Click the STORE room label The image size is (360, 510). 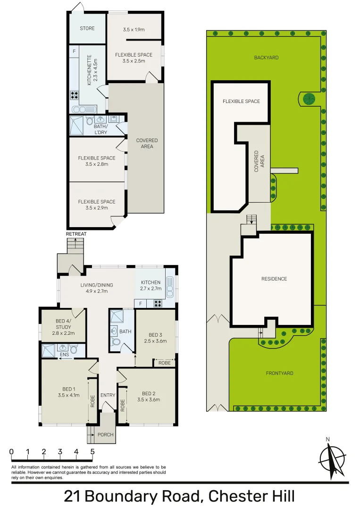tap(87, 28)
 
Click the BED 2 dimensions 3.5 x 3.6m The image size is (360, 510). tap(149, 400)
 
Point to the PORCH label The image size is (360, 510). tap(106, 434)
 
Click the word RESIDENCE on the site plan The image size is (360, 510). tap(274, 279)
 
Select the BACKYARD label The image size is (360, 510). tap(266, 58)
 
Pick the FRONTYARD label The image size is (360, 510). tap(279, 373)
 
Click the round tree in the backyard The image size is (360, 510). tap(309, 99)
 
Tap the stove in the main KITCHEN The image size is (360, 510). tap(157, 304)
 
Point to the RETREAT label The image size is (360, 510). tap(76, 234)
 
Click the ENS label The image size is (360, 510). tap(64, 356)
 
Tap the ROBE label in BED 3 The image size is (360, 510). tap(164, 363)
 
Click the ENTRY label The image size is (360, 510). tap(108, 395)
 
